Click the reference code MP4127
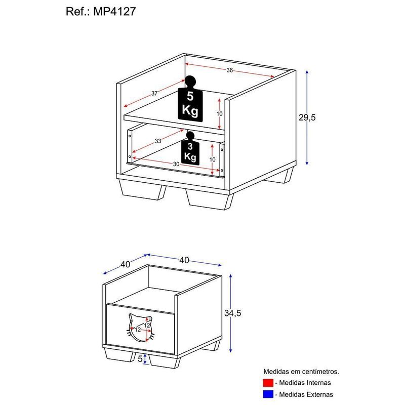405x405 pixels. [x=113, y=12]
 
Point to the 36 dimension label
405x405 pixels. [x=229, y=70]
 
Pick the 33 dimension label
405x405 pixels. [x=158, y=141]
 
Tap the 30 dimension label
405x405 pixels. [x=176, y=164]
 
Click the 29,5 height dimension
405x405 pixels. [x=307, y=117]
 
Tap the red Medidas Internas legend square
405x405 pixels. [x=268, y=383]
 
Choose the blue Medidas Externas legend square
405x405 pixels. [x=268, y=394]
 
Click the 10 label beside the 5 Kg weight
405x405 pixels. [x=219, y=114]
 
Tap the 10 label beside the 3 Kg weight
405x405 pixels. [x=213, y=159]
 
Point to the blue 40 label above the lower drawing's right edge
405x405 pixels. [x=184, y=260]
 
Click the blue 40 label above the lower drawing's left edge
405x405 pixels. [x=125, y=264]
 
